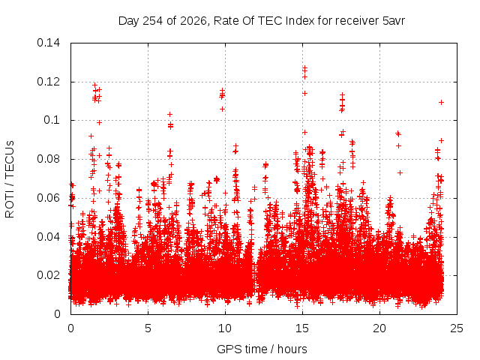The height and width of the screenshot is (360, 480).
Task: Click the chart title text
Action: pos(262,21)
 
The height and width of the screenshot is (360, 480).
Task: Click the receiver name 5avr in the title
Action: pos(394,21)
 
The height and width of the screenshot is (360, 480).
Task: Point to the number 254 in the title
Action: pos(153,21)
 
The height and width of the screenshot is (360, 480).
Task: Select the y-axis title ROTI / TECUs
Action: pos(10,179)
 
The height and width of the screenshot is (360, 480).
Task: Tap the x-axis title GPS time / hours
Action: pos(262,349)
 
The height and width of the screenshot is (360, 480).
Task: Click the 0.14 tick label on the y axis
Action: pos(48,43)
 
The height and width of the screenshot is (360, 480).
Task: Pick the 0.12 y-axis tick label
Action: pos(48,82)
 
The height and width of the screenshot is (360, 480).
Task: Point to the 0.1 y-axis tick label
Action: pos(52,120)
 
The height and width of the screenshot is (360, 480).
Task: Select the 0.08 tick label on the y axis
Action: pos(48,159)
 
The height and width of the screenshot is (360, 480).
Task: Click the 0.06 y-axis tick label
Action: pos(48,198)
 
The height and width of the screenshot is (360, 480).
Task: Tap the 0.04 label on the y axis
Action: pos(48,237)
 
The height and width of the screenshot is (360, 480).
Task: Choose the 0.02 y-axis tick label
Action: pos(48,275)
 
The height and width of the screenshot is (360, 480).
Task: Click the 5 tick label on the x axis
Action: pos(148,328)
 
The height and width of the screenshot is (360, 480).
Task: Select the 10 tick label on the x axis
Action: pos(225,328)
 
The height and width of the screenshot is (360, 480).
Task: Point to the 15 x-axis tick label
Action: pos(302,328)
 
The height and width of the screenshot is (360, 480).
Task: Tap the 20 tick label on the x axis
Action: pos(379,328)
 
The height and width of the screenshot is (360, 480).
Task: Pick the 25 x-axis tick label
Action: pos(457,328)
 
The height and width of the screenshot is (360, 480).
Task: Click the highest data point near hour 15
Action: pos(304,67)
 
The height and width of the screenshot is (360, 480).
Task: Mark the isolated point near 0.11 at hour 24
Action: pos(441,102)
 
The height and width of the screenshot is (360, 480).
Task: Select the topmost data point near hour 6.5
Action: pos(170,114)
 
